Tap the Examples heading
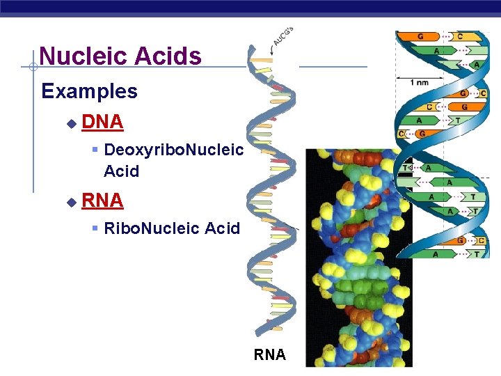click(x=89, y=91)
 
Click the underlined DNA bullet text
click(x=102, y=123)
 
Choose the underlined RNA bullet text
click(x=102, y=201)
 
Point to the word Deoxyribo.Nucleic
click(x=173, y=150)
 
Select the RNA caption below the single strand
click(x=269, y=355)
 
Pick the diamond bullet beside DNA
click(x=71, y=123)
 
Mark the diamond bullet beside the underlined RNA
click(x=71, y=202)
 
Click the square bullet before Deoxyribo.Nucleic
click(x=95, y=150)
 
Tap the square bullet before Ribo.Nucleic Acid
click(x=95, y=228)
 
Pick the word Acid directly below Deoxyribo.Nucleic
click(x=121, y=171)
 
